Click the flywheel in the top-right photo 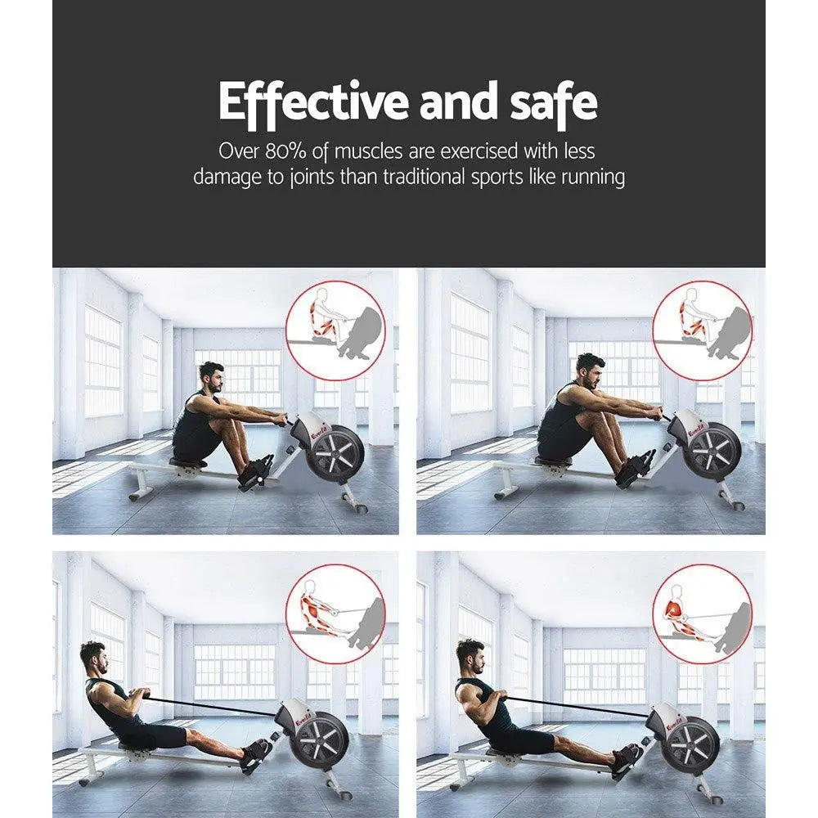pos(711,451)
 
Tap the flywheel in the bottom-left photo pos(321,740)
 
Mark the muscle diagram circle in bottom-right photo pos(703,614)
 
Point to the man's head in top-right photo pos(590,370)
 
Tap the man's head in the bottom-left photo pos(93,657)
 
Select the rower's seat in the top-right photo pos(555,463)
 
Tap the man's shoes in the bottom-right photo pos(626,757)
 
